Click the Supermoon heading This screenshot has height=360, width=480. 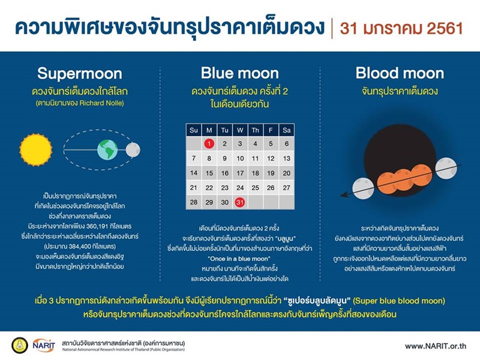pyautogui.click(x=79, y=74)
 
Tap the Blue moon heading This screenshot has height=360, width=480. pyautogui.click(x=239, y=74)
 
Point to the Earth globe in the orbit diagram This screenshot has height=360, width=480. pyautogui.click(x=108, y=149)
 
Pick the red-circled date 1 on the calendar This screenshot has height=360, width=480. pyautogui.click(x=209, y=143)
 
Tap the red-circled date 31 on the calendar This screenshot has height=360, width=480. pyautogui.click(x=240, y=202)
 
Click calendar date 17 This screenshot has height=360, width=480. pyautogui.click(x=240, y=173)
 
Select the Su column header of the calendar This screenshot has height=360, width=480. pyautogui.click(x=193, y=129)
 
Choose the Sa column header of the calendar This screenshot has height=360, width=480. pyautogui.click(x=286, y=129)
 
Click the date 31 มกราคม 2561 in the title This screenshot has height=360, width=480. pyautogui.click(x=400, y=28)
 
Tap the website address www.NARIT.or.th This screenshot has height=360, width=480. pyautogui.click(x=435, y=346)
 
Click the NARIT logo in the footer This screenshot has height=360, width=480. pyautogui.click(x=44, y=346)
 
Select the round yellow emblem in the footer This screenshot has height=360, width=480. pyautogui.click(x=20, y=346)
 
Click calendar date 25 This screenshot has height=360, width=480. pyautogui.click(x=255, y=187)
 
